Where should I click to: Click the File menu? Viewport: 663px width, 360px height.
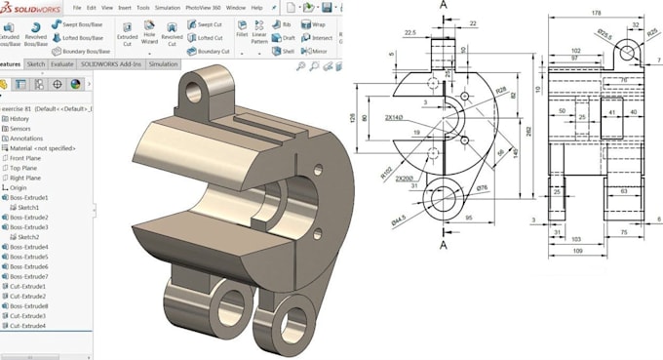click(76, 7)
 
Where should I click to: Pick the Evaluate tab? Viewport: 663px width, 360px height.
click(62, 63)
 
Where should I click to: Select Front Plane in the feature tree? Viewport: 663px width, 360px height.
click(26, 156)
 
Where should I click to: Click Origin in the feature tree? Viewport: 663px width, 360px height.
click(19, 187)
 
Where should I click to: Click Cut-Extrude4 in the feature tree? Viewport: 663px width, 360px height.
click(28, 327)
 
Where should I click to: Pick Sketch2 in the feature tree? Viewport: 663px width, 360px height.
click(28, 237)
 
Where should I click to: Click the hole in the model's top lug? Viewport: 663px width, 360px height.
click(198, 92)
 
